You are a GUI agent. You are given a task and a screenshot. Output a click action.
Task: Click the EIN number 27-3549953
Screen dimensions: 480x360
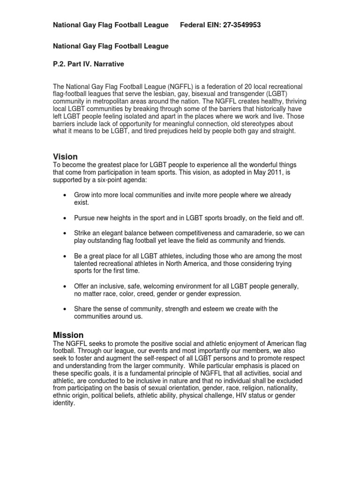[x=238, y=25]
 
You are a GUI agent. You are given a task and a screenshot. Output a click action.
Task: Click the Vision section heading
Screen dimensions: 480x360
[x=65, y=157]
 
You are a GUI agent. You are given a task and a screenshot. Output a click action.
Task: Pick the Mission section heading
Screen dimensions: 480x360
[x=68, y=335]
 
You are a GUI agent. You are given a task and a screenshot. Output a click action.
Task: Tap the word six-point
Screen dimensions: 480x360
[x=99, y=180]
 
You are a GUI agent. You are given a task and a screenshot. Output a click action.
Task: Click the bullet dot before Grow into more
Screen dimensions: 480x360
[x=64, y=194]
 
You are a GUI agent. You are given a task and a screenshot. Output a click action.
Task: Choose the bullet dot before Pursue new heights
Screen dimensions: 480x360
[x=64, y=218]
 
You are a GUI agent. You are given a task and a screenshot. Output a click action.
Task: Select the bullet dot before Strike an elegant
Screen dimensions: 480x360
[x=64, y=233]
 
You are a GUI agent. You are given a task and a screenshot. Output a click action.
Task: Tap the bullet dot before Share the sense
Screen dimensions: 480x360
[x=64, y=309]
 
